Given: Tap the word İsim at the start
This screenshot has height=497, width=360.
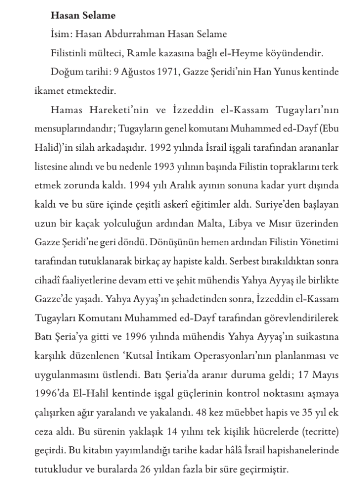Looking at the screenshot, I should pyautogui.click(x=60, y=34).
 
